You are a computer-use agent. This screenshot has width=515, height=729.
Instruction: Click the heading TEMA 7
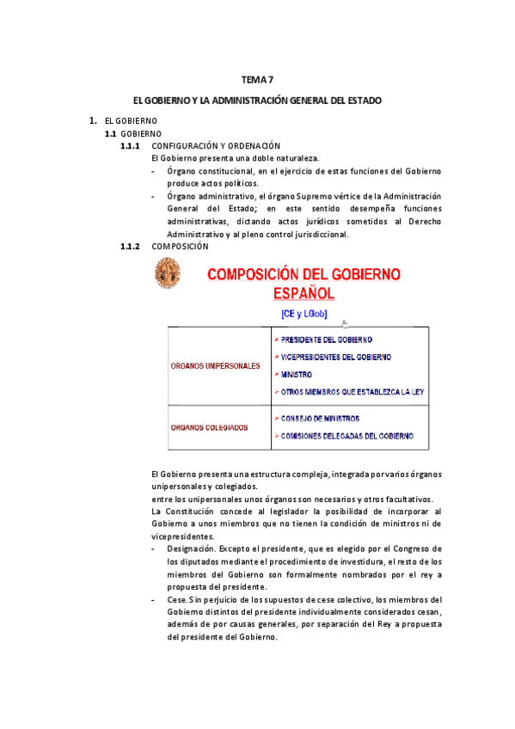pos(257,80)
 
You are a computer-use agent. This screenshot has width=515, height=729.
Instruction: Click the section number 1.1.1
pos(132,146)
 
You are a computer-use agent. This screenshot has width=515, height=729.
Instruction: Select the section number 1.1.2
pos(132,246)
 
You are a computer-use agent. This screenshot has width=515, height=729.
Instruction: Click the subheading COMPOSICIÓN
pos(180,246)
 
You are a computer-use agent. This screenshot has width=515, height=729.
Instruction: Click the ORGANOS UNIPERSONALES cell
pos(216,366)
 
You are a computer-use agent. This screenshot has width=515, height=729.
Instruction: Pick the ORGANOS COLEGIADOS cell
pos(209,426)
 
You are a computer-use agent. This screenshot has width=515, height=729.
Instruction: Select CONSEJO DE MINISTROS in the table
pos(320,419)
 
